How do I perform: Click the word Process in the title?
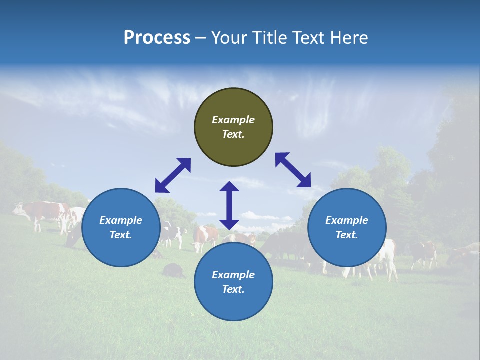[x=157, y=38]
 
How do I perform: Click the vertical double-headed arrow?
[x=229, y=205]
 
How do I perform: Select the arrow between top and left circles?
[x=173, y=175]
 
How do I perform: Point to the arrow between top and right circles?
[x=293, y=170]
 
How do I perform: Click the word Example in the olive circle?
[x=233, y=120]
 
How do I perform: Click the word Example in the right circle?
[x=347, y=220]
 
